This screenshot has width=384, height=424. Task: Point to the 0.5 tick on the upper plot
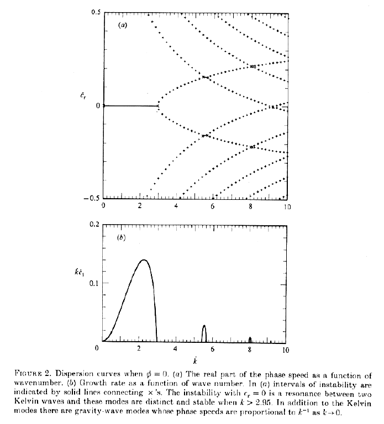95,13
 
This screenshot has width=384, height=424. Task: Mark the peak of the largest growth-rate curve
144,260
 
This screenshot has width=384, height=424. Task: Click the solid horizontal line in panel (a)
130,106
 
